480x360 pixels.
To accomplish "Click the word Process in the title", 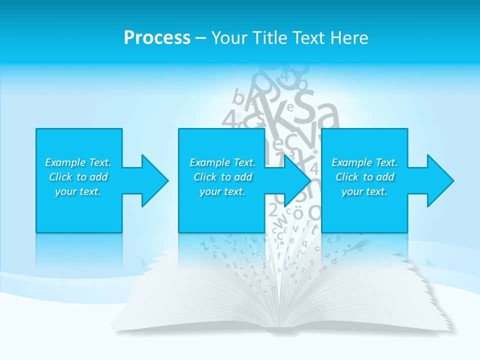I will (157, 38).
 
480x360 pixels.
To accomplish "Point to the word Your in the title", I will (228, 38).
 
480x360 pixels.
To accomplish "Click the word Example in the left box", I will (65, 162).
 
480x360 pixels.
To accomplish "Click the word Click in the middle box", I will (205, 177).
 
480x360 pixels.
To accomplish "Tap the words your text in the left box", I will (78, 191).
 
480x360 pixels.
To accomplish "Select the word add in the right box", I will (385, 177).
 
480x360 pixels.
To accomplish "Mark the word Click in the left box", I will (60, 177).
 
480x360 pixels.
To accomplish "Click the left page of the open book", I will (200, 295).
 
